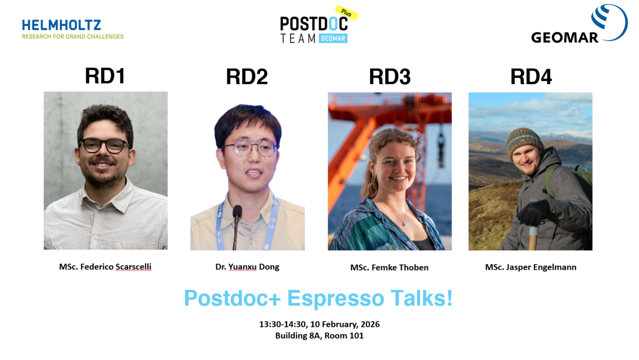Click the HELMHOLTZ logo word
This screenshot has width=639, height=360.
[x=61, y=25]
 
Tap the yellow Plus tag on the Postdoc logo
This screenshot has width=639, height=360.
[x=346, y=13]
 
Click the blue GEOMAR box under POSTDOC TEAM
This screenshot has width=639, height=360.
[x=333, y=38]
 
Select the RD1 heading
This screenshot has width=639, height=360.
[x=105, y=76]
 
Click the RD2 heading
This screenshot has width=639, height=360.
[x=247, y=77]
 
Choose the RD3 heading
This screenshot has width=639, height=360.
[x=389, y=77]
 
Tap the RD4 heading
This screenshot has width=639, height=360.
[x=530, y=77]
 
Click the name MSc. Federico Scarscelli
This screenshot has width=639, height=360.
[x=105, y=267]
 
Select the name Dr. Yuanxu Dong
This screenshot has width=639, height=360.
[x=247, y=267]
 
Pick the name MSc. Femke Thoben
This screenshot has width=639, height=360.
[x=389, y=267]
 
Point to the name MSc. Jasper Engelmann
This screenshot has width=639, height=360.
[x=530, y=267]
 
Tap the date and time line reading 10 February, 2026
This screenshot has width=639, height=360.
[x=319, y=324]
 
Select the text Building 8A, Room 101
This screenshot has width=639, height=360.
[x=319, y=336]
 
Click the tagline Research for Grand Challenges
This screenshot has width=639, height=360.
[x=72, y=37]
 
